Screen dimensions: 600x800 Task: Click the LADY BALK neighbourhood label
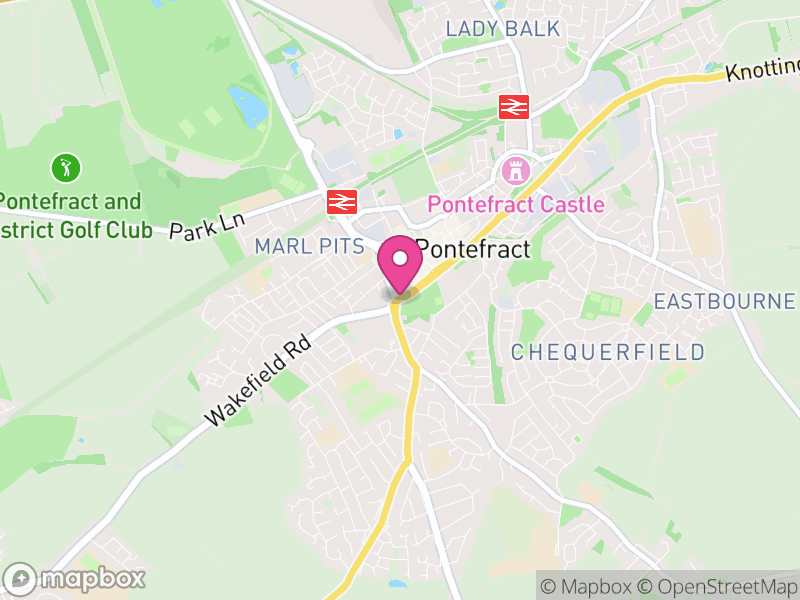[x=503, y=29]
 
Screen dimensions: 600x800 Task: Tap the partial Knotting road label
[x=763, y=68]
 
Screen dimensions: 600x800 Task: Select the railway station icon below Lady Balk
[x=514, y=106]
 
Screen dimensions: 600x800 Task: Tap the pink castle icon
[x=516, y=170]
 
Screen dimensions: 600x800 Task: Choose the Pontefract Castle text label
[x=516, y=205]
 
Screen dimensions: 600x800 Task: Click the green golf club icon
[x=66, y=166]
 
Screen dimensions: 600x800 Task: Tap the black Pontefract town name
[x=473, y=249]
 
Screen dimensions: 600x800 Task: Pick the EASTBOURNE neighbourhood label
[x=725, y=301]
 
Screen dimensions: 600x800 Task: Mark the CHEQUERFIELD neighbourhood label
[x=608, y=352]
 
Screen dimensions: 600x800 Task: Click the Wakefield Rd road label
[x=257, y=379]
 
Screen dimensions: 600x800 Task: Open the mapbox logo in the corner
[x=75, y=578]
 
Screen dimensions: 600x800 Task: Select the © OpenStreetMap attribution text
[x=718, y=586]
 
